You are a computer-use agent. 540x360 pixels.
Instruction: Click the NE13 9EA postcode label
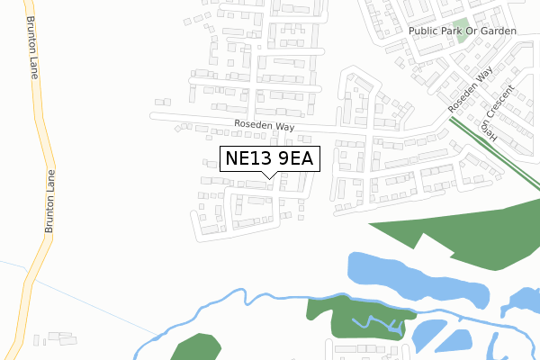click(x=269, y=159)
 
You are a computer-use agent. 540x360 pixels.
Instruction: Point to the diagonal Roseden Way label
click(x=473, y=92)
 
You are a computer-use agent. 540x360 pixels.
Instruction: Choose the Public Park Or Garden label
click(x=463, y=31)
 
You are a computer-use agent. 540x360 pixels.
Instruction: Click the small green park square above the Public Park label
click(x=460, y=24)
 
